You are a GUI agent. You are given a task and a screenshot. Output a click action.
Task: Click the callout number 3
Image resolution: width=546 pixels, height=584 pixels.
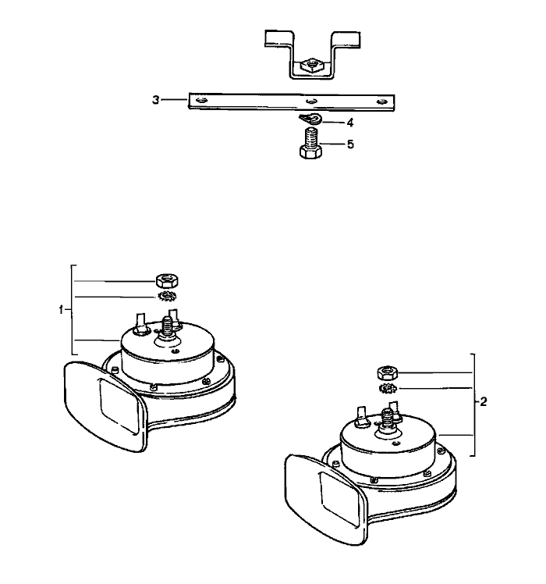[x=155, y=100]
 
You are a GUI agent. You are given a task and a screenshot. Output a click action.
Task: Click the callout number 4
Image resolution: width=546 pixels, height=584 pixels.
[x=350, y=123]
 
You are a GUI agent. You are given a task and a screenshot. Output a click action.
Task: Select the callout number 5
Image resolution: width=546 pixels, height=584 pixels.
[x=350, y=144]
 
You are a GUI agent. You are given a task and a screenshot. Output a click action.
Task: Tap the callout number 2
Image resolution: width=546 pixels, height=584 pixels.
[x=483, y=402]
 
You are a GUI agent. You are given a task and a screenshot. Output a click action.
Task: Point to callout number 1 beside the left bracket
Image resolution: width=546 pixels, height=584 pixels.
[x=61, y=309]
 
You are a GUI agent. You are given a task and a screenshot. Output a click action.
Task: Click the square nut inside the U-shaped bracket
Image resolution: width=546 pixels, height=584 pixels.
[x=310, y=66]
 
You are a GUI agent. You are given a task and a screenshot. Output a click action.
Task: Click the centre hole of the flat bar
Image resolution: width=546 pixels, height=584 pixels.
[x=311, y=101]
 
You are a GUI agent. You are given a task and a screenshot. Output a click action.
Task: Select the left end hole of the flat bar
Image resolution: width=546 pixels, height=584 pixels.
[x=201, y=100]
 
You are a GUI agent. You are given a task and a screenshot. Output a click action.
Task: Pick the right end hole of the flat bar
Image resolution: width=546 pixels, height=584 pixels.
[x=381, y=101]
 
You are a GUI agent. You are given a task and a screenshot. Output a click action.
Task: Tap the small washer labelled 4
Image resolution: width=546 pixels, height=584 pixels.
[x=310, y=119]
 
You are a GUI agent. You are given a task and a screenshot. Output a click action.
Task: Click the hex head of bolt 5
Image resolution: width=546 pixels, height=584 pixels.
[x=310, y=152]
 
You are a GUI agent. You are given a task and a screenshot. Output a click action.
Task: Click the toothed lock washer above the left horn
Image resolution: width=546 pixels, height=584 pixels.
[x=168, y=297]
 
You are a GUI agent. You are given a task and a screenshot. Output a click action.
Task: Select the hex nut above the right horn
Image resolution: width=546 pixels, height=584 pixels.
[x=388, y=372]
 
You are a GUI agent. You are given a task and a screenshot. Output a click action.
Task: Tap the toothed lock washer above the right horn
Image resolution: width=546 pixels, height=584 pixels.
[x=388, y=389]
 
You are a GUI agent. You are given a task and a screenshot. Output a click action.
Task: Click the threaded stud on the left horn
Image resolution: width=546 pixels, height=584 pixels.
[x=168, y=326]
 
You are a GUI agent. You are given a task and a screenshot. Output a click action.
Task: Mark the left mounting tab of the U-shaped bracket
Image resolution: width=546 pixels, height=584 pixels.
[x=278, y=38]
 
